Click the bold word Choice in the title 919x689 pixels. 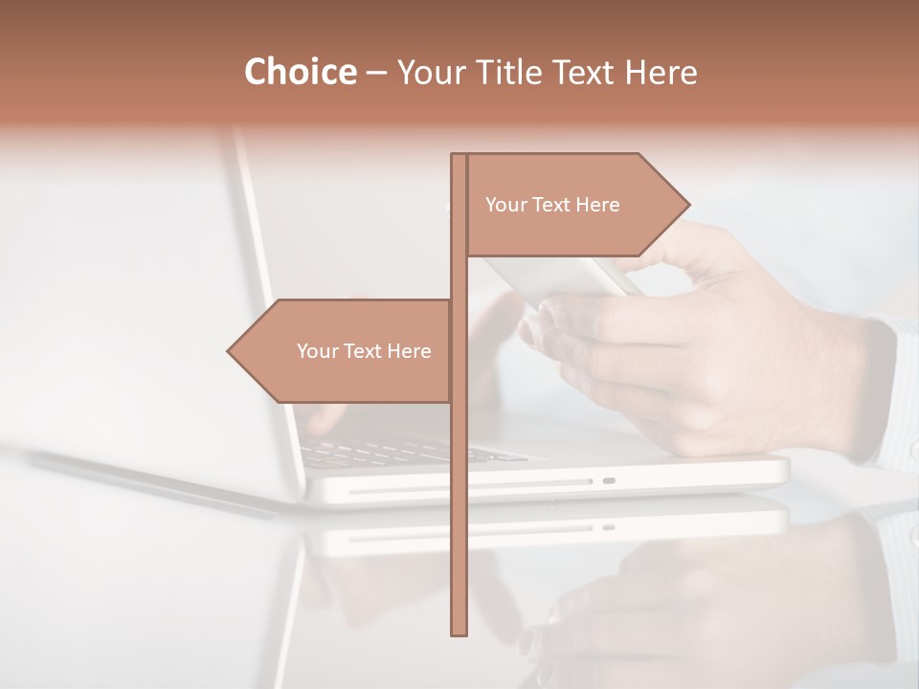300,72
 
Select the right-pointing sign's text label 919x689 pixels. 552,205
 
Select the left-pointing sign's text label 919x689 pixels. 364,351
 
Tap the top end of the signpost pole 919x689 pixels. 459,159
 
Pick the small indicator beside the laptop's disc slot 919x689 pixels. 609,480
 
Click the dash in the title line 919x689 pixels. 376,73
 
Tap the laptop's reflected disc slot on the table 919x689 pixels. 469,527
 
